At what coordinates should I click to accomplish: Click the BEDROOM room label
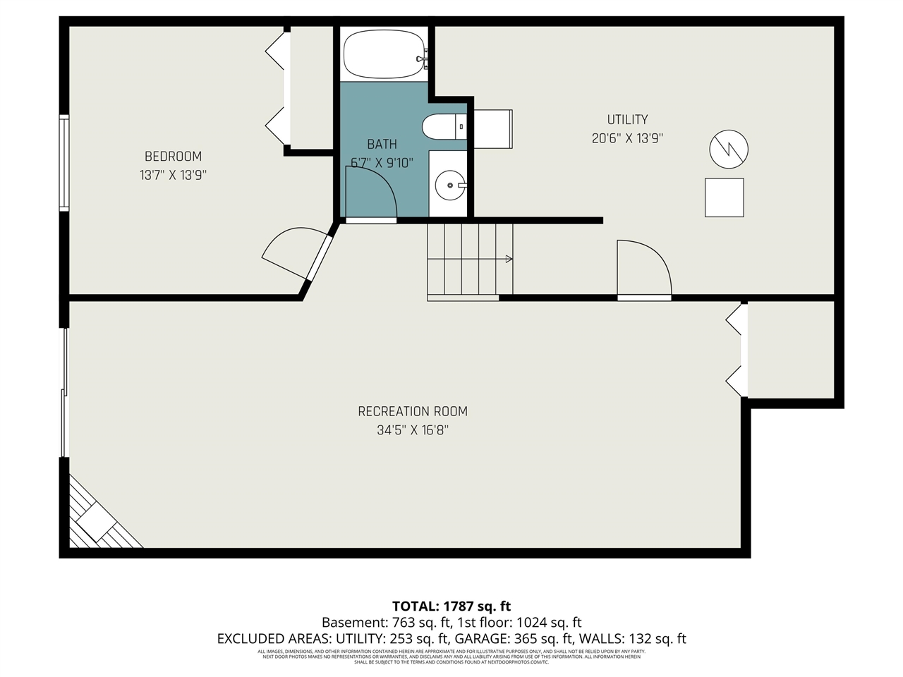coord(173,157)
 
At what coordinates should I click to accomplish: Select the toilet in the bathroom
coord(444,128)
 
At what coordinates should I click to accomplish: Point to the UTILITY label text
coord(627,120)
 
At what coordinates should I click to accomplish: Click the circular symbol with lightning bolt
coord(728,149)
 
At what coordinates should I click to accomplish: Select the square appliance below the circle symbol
coord(724,197)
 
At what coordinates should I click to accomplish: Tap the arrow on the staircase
coord(509,259)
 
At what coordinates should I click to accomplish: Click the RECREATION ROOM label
coord(413,411)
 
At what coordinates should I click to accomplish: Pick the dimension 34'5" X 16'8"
coord(413,429)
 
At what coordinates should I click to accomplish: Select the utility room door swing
coord(643,268)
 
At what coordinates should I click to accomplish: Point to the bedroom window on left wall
coord(64,163)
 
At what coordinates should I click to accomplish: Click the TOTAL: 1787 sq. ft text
coord(451,606)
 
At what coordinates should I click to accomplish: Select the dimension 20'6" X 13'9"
coord(627,138)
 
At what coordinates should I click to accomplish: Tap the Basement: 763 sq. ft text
coord(386,623)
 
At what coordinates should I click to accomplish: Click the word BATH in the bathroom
coord(382,145)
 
